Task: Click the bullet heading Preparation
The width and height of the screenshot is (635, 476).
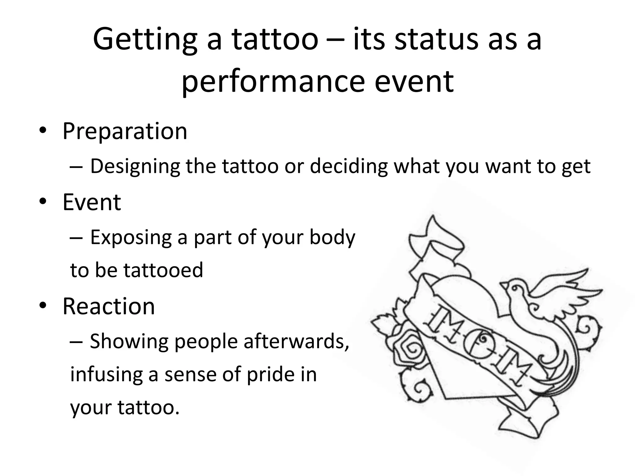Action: (125, 131)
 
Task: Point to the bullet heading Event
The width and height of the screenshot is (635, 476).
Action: (92, 202)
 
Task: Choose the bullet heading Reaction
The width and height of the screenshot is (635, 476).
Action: (109, 306)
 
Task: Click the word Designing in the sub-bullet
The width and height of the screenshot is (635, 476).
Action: (135, 166)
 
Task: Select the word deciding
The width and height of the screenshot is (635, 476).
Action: (349, 166)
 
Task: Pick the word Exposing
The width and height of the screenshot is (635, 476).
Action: (131, 238)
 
